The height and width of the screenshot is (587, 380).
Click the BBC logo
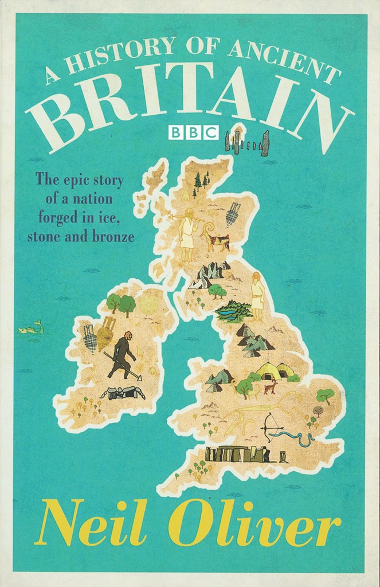tap(193, 133)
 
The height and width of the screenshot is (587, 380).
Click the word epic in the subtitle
tap(73, 179)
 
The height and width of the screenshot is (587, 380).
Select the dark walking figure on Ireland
tap(122, 356)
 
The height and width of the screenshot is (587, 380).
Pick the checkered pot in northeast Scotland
tap(233, 213)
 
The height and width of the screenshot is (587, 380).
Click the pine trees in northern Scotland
tap(200, 182)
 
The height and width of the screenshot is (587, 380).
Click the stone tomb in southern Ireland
tap(123, 393)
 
